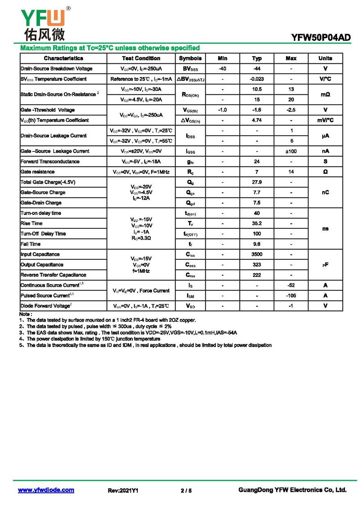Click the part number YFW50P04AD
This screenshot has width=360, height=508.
321,38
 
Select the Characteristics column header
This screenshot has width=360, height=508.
63,58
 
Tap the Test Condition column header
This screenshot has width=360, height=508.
141,58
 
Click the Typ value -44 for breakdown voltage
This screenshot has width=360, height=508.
257,69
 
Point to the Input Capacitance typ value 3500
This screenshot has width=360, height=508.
257,254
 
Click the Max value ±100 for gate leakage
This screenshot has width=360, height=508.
291,152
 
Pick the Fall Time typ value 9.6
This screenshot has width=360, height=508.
257,244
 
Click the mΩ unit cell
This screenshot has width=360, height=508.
325,95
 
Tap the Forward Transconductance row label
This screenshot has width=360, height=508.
50,161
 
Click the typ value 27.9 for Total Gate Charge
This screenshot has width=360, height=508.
257,182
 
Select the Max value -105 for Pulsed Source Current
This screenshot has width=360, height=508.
291,296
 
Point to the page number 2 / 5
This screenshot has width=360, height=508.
186,491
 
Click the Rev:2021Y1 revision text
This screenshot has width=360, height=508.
123,491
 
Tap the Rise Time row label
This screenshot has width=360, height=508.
31,223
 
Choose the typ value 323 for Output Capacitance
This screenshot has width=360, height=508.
257,265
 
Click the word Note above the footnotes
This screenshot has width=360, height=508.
26,314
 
